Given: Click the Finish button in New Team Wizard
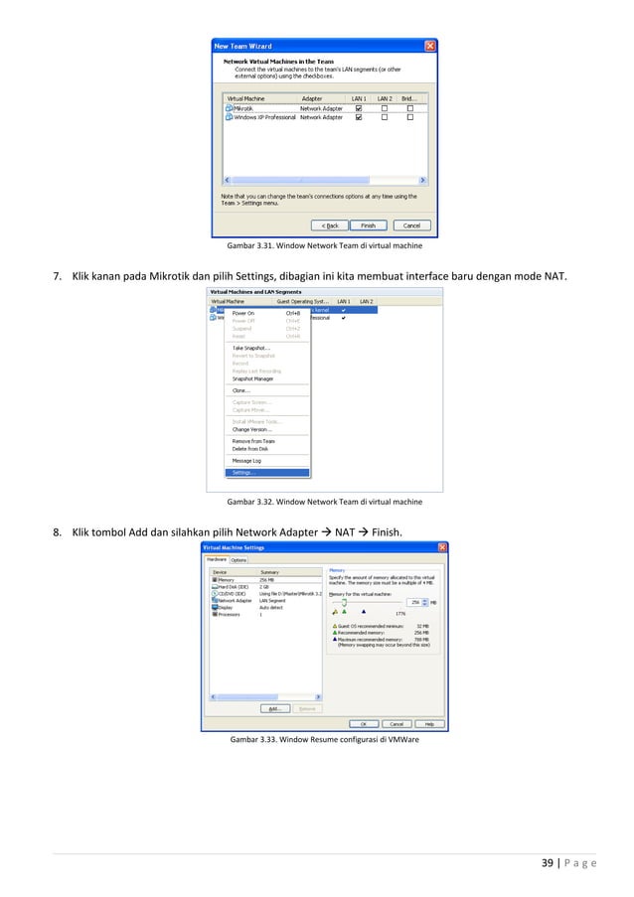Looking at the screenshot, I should coord(368,225).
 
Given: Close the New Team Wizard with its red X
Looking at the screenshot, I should coord(430,46).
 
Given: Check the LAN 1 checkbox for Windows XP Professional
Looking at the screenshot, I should coord(359,117).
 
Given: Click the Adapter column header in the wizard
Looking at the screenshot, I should coord(312,99).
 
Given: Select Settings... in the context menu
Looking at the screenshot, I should coord(243,472).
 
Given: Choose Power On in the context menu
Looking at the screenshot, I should coord(243,313).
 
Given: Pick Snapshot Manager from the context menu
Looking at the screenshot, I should coord(252,378).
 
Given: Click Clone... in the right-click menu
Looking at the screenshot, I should coord(241,390).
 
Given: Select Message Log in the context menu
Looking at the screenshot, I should coord(246,461).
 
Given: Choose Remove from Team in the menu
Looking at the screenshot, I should coord(253,441).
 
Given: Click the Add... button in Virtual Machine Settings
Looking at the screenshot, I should coord(274,708).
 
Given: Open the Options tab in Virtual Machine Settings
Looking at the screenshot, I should coord(238,559).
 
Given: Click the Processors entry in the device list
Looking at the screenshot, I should coord(228,615).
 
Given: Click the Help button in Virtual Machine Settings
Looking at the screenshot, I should coord(428,723).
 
